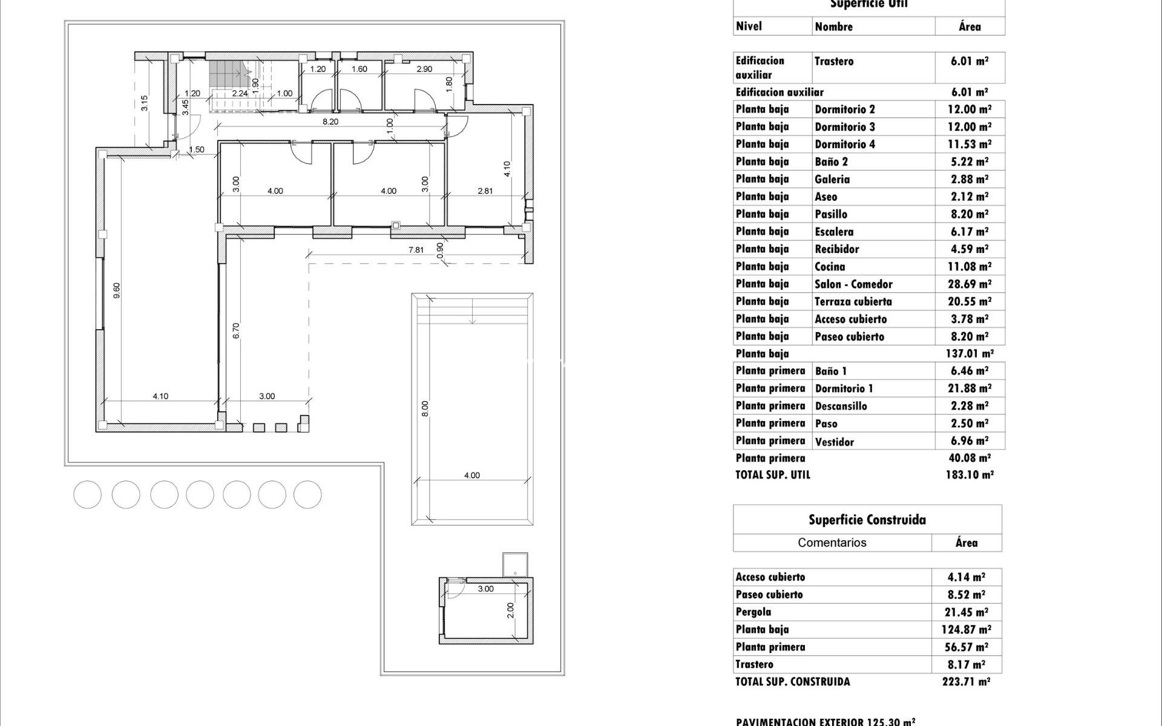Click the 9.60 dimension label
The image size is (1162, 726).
click(x=117, y=290)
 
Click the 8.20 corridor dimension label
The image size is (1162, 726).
click(x=330, y=122)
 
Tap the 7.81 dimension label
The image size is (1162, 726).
click(x=416, y=250)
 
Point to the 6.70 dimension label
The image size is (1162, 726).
click(x=236, y=330)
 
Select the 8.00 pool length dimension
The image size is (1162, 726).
click(x=425, y=408)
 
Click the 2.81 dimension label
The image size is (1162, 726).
click(x=485, y=191)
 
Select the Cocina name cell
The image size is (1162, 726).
click(x=830, y=267)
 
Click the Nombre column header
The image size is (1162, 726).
click(x=833, y=27)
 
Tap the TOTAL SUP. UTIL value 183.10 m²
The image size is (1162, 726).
click(x=969, y=475)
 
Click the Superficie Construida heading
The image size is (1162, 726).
click(x=867, y=520)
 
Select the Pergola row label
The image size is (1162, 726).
click(x=753, y=612)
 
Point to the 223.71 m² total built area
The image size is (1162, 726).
click(x=966, y=682)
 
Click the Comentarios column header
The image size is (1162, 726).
click(x=832, y=543)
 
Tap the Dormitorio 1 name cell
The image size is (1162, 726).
click(x=844, y=388)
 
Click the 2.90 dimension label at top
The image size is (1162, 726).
click(x=424, y=69)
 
